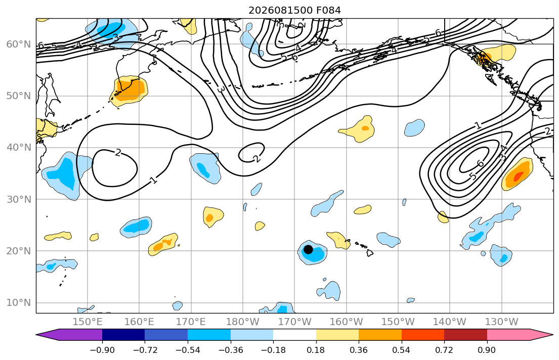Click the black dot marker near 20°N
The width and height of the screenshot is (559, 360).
[308, 249]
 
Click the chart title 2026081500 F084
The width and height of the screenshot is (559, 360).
[294, 10]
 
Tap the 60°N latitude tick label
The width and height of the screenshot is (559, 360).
[19, 44]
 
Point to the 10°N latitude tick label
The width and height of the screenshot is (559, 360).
[19, 303]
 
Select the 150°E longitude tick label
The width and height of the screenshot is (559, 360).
[88, 322]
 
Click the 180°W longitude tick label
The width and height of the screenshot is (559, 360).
[243, 322]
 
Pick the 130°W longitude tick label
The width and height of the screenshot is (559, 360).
[502, 322]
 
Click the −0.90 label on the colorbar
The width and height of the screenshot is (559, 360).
[102, 350]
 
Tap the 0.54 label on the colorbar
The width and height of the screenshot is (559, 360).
[402, 350]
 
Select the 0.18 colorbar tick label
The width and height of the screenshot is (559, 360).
[316, 350]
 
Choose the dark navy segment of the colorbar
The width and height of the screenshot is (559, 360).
[123, 335]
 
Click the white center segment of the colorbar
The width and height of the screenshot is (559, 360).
[294, 335]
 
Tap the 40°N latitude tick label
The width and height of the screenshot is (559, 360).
[19, 148]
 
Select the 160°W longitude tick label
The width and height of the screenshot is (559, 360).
[347, 322]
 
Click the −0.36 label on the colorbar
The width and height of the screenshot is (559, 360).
[231, 350]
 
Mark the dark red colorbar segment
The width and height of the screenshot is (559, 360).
[465, 335]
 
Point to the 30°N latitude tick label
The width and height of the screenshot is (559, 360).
[19, 199]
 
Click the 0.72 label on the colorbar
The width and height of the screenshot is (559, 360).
[444, 350]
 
